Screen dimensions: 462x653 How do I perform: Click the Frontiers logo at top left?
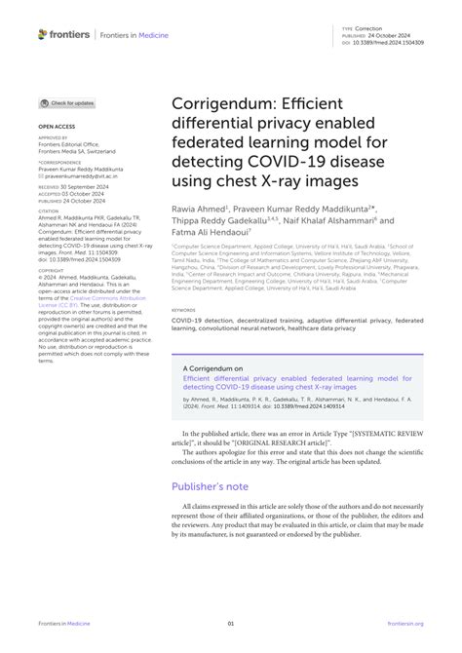pos(64,34)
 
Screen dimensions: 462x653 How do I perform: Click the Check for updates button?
pos(67,103)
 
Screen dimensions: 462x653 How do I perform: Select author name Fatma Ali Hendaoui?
pos(210,232)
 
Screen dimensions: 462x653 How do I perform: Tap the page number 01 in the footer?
pos(231,623)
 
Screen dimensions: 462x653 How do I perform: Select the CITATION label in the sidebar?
pos(50,210)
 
